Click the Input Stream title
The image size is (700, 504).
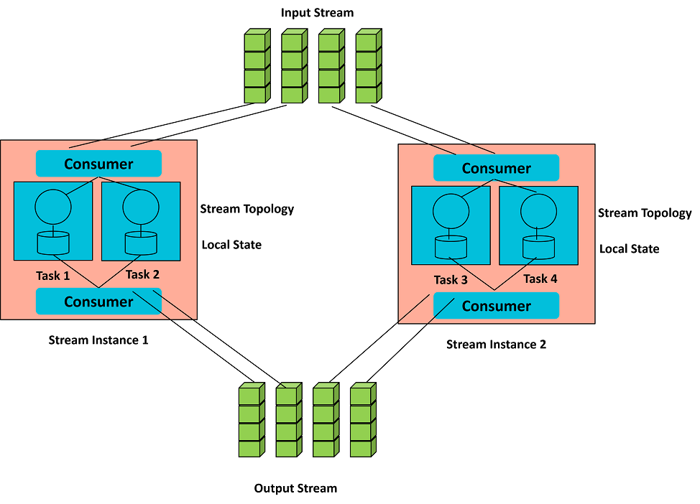[317, 13]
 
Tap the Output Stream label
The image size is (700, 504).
[295, 488]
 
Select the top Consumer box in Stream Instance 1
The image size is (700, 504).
[98, 164]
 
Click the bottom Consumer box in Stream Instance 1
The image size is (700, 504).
[98, 302]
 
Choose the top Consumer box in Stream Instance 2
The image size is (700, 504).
[496, 169]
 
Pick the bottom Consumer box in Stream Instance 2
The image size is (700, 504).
[496, 306]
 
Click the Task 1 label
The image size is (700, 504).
[53, 276]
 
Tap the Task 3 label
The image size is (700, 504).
[451, 279]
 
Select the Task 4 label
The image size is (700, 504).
[540, 279]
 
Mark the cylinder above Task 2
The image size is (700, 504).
[141, 243]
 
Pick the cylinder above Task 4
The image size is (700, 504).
[538, 246]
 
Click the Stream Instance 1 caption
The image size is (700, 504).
[98, 340]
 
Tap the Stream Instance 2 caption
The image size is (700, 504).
[496, 345]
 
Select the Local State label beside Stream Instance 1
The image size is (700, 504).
[231, 245]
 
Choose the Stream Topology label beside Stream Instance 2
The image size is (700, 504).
[645, 213]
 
